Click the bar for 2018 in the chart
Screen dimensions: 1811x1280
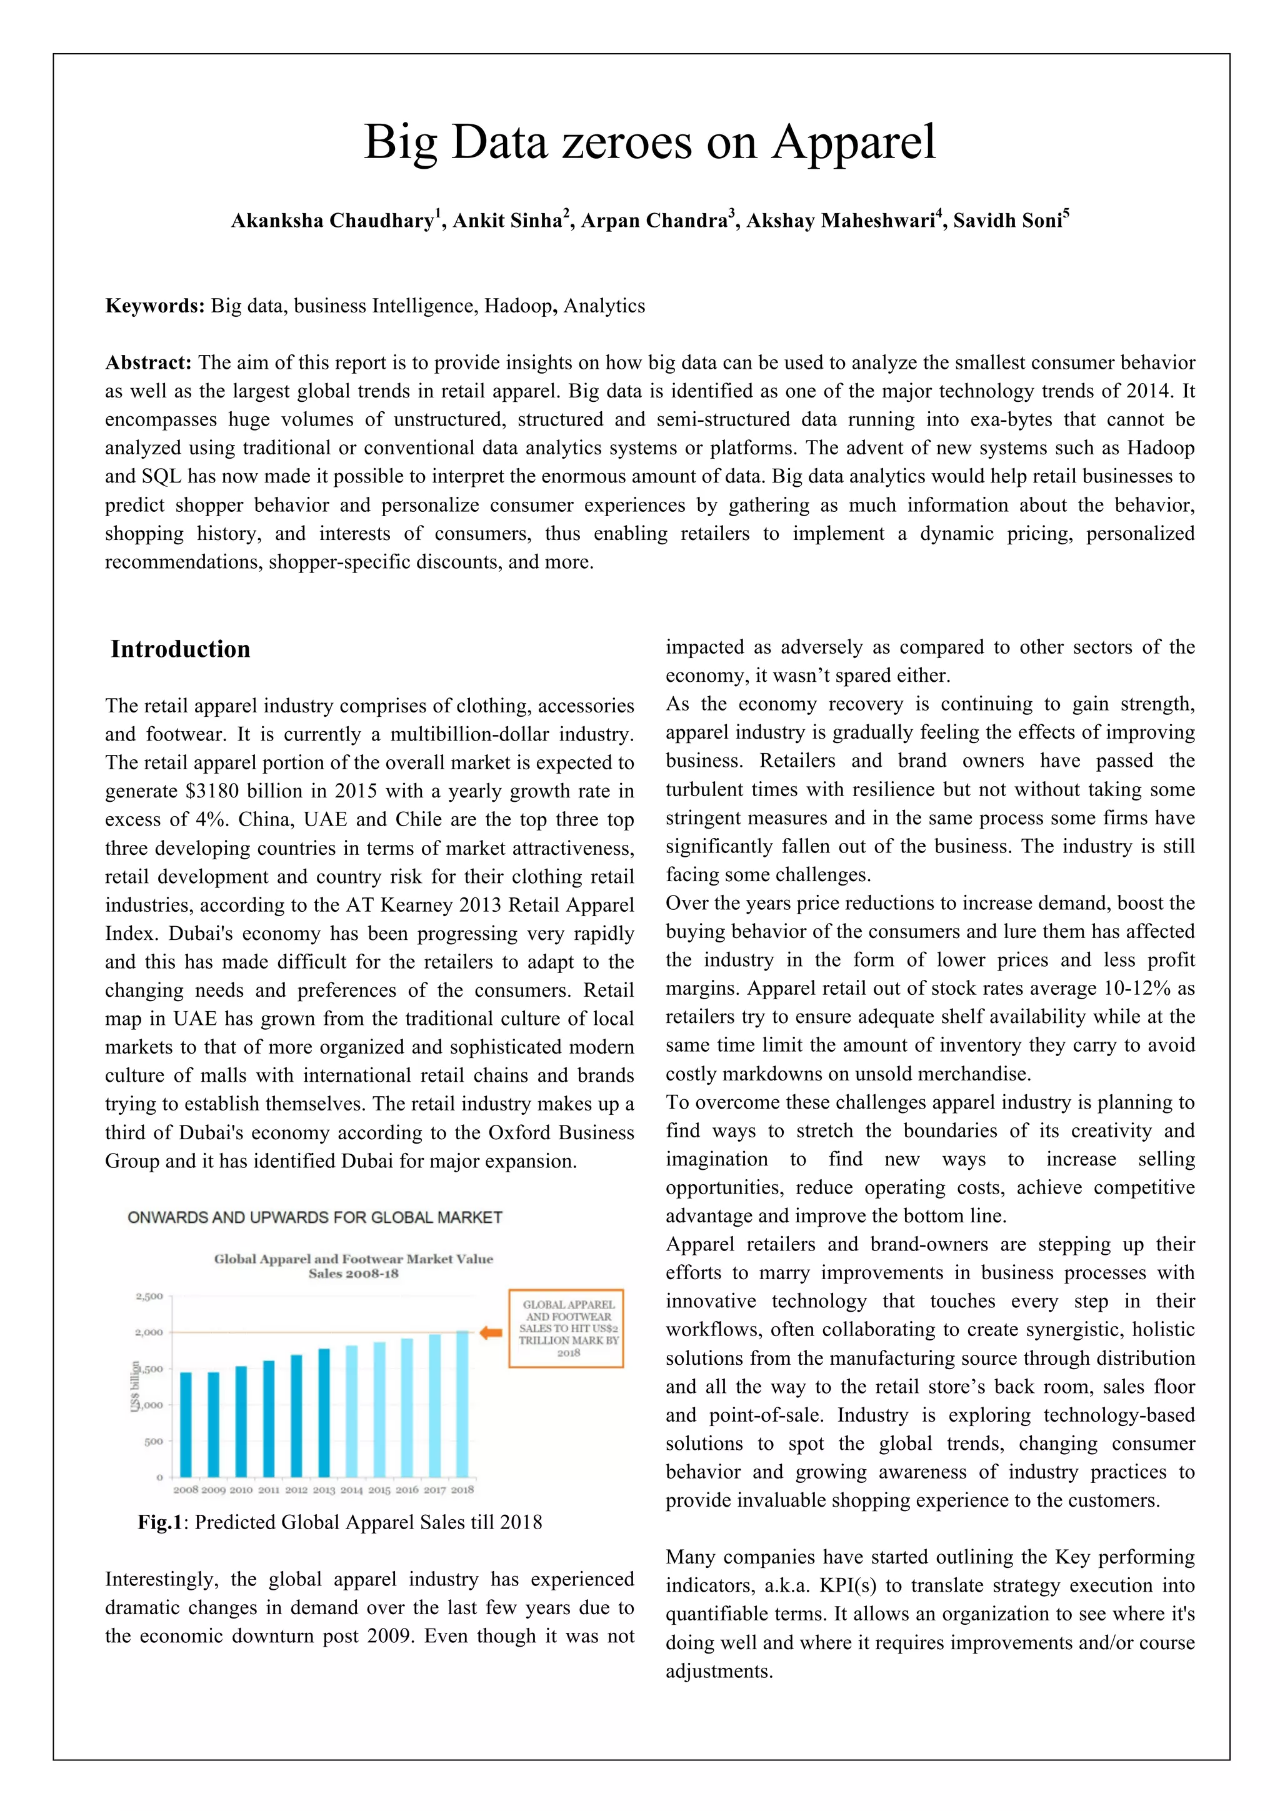tap(462, 1404)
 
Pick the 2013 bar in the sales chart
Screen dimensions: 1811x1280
tap(324, 1413)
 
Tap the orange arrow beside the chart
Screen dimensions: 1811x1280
tap(491, 1332)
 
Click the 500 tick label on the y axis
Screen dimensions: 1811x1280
tap(154, 1441)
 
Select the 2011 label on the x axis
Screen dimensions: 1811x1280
tap(269, 1490)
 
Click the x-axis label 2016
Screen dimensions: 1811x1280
tap(407, 1490)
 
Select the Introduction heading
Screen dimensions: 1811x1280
tap(181, 649)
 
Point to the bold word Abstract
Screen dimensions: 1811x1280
tap(148, 363)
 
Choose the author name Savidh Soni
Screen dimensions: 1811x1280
tap(1008, 221)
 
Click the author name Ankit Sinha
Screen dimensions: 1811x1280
tap(506, 221)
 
